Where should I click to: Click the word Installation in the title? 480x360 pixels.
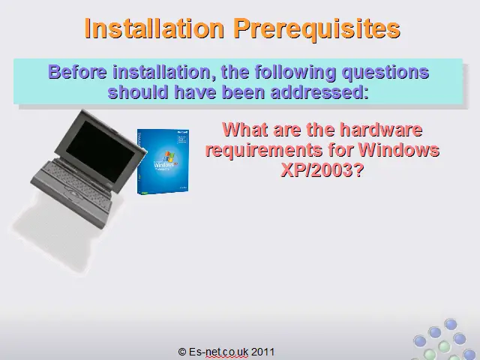coord(154,28)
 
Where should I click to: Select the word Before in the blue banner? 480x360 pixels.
coord(77,72)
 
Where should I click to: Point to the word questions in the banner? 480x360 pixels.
coord(385,73)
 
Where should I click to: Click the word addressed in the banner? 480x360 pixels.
coord(319,91)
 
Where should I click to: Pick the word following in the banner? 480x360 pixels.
coord(295,73)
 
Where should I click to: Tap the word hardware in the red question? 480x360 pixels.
coord(381,129)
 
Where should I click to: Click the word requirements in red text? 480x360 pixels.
coord(264,150)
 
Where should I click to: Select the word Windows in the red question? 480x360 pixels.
coord(399,149)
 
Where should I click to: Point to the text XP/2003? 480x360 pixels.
coord(322,169)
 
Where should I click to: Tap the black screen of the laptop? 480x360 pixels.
coord(100,151)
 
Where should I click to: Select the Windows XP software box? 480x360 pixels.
coord(163,161)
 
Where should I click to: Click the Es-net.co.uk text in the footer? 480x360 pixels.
coord(218,352)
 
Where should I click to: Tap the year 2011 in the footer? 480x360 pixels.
coord(262,352)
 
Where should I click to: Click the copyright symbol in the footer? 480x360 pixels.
coord(182,352)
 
